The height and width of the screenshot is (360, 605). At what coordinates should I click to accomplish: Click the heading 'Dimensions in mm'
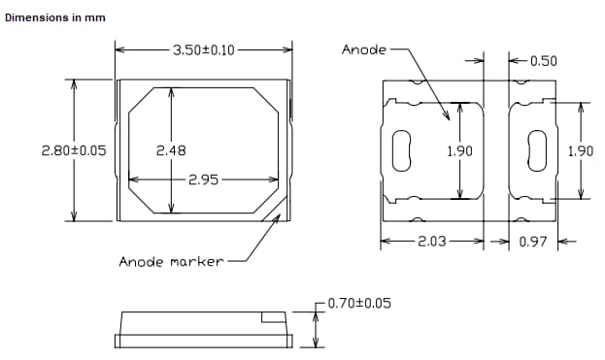(55, 18)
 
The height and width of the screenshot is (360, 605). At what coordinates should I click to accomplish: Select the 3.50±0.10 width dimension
(203, 49)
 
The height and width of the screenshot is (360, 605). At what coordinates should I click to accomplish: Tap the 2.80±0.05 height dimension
(74, 150)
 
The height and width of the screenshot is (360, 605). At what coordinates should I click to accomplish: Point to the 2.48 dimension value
(171, 150)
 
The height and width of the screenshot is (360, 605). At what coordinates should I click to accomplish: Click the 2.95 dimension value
(203, 180)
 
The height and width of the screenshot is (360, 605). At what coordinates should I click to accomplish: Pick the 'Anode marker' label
(171, 261)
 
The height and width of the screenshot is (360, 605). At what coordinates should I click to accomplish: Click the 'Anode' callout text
(364, 49)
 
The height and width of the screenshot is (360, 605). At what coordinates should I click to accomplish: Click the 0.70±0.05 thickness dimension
(359, 304)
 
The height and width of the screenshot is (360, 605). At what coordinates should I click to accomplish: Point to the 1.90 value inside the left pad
(460, 150)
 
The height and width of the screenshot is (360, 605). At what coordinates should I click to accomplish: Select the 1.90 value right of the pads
(580, 150)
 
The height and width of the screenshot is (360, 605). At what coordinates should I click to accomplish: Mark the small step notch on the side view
(274, 316)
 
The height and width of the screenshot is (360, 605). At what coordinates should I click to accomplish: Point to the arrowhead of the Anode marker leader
(278, 218)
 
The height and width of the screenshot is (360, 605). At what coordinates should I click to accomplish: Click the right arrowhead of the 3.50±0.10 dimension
(287, 49)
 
